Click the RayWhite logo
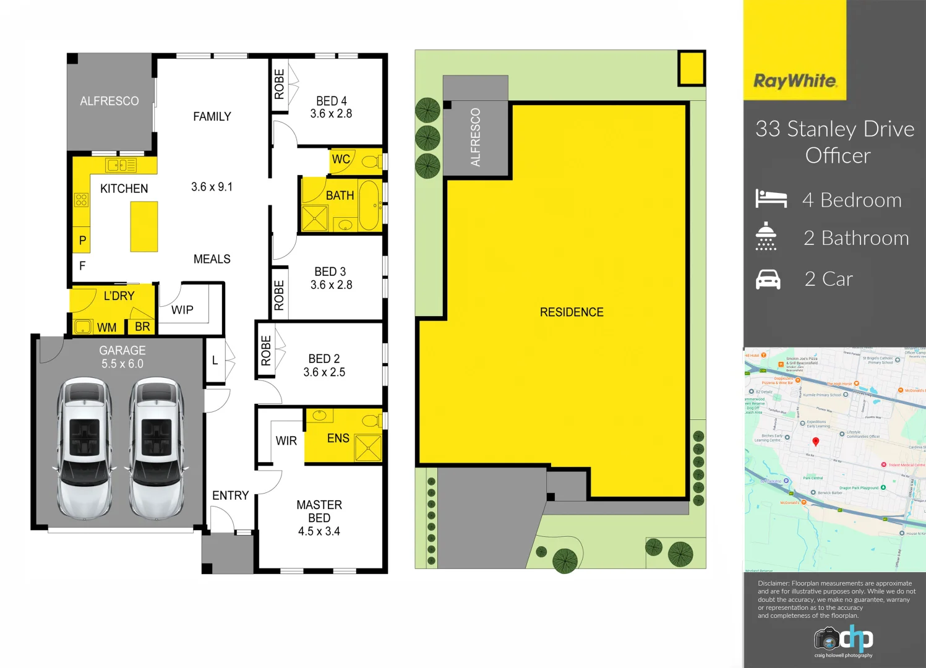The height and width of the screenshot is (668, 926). click(x=795, y=81)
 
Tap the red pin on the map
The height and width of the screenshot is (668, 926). click(x=815, y=442)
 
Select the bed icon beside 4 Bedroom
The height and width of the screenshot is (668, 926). click(x=771, y=199)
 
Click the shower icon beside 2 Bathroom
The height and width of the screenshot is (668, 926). click(x=766, y=236)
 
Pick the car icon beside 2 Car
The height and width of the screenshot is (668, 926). click(x=768, y=280)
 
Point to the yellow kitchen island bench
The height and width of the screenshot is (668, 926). click(x=144, y=226)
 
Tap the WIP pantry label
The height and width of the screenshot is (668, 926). click(x=182, y=310)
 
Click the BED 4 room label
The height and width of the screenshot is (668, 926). click(x=331, y=101)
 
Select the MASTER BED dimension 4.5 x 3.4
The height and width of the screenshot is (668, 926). click(x=319, y=531)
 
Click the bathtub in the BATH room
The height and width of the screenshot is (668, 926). click(x=369, y=205)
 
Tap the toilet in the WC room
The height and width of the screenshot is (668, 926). click(x=371, y=162)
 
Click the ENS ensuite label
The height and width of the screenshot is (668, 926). click(x=338, y=438)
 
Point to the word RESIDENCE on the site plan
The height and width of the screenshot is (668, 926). click(x=571, y=312)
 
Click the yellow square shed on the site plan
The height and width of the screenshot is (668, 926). click(x=692, y=67)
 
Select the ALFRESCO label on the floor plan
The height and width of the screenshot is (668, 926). click(x=109, y=101)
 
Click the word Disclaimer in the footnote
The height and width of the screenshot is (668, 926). click(x=773, y=583)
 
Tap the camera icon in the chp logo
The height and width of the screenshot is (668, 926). click(x=826, y=638)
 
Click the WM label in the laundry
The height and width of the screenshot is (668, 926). click(x=106, y=327)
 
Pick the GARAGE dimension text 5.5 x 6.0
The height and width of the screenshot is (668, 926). click(x=122, y=364)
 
